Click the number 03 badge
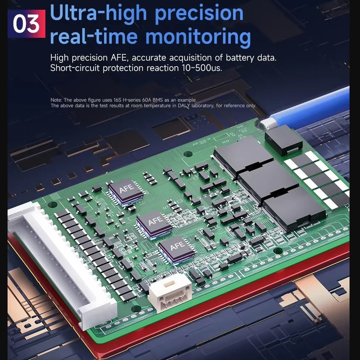pyautogui.click(x=26, y=24)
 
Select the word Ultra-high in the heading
pyautogui.click(x=98, y=13)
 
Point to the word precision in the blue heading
pyautogui.click(x=199, y=14)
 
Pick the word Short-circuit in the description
pyautogui.click(x=75, y=68)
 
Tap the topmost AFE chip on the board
pyautogui.click(x=126, y=191)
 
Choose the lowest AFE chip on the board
pyautogui.click(x=177, y=250)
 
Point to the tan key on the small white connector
pyautogui.click(x=169, y=284)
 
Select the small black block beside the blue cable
pyautogui.click(x=283, y=139)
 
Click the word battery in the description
pyautogui.click(x=240, y=57)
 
